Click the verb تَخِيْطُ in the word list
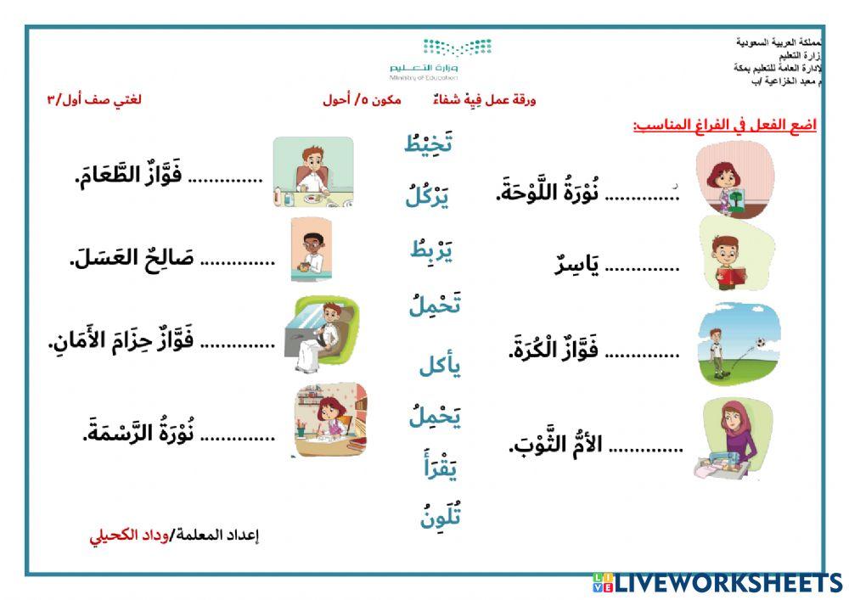click(428, 143)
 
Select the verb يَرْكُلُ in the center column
click(427, 197)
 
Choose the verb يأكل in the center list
click(439, 366)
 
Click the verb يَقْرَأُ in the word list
click(440, 466)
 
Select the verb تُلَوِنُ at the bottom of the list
click(440, 515)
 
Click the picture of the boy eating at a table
click(312, 173)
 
